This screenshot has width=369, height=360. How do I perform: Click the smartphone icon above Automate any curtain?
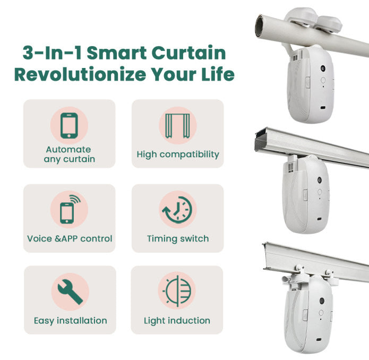pyautogui.click(x=69, y=125)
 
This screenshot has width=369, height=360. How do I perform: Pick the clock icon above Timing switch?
pyautogui.click(x=177, y=210)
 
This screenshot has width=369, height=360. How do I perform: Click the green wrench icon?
pyautogui.click(x=70, y=291)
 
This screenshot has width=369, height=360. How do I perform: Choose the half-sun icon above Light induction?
pyautogui.click(x=177, y=292)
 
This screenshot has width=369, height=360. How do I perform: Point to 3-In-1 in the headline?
pyautogui.click(x=49, y=53)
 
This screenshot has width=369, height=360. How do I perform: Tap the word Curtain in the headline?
pyautogui.click(x=188, y=53)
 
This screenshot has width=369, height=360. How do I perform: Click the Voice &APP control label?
pyautogui.click(x=70, y=239)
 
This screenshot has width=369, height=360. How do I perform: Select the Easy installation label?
pyautogui.click(x=70, y=321)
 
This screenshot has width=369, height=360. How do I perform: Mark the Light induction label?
pyautogui.click(x=177, y=321)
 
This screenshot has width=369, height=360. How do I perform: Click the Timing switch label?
pyautogui.click(x=177, y=239)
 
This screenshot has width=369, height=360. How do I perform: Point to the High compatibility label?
pyautogui.click(x=177, y=155)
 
